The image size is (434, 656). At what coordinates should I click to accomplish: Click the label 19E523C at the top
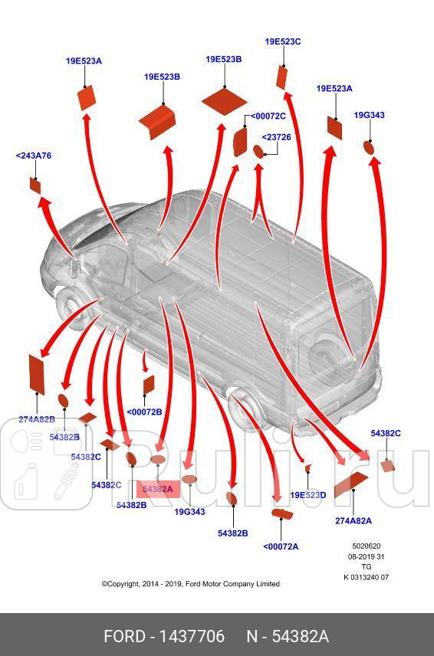pyautogui.click(x=282, y=42)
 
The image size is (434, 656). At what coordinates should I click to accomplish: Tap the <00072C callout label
pyautogui.click(x=268, y=116)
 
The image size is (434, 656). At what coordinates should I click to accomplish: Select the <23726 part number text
pyautogui.click(x=276, y=137)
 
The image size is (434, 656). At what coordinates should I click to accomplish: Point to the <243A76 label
pyautogui.click(x=34, y=156)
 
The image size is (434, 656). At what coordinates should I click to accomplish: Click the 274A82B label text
pyautogui.click(x=37, y=419)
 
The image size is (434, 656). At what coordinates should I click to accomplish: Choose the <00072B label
pyautogui.click(x=144, y=412)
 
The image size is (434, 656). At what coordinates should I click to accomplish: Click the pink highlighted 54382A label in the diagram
pyautogui.click(x=158, y=489)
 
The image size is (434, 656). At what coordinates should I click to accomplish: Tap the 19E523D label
pyautogui.click(x=308, y=495)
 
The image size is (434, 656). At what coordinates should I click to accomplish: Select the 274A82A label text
pyautogui.click(x=353, y=521)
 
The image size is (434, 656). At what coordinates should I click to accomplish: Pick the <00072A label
pyautogui.click(x=281, y=546)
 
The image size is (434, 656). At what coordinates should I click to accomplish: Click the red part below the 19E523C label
pyautogui.click(x=281, y=77)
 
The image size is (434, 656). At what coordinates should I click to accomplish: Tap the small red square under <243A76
pyautogui.click(x=35, y=185)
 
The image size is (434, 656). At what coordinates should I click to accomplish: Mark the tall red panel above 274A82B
pyautogui.click(x=36, y=375)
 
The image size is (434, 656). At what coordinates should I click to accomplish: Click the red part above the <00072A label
pyautogui.click(x=282, y=513)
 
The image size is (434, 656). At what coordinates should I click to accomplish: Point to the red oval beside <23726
pyautogui.click(x=258, y=152)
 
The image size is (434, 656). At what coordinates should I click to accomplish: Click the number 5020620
pyautogui.click(x=367, y=546)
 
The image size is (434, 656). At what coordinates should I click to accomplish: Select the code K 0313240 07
pyautogui.click(x=367, y=577)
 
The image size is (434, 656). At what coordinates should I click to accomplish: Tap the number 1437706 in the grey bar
pyautogui.click(x=192, y=636)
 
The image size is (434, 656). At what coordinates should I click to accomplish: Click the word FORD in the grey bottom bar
pyautogui.click(x=124, y=636)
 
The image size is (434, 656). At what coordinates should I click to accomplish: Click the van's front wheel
pyautogui.click(x=71, y=307)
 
